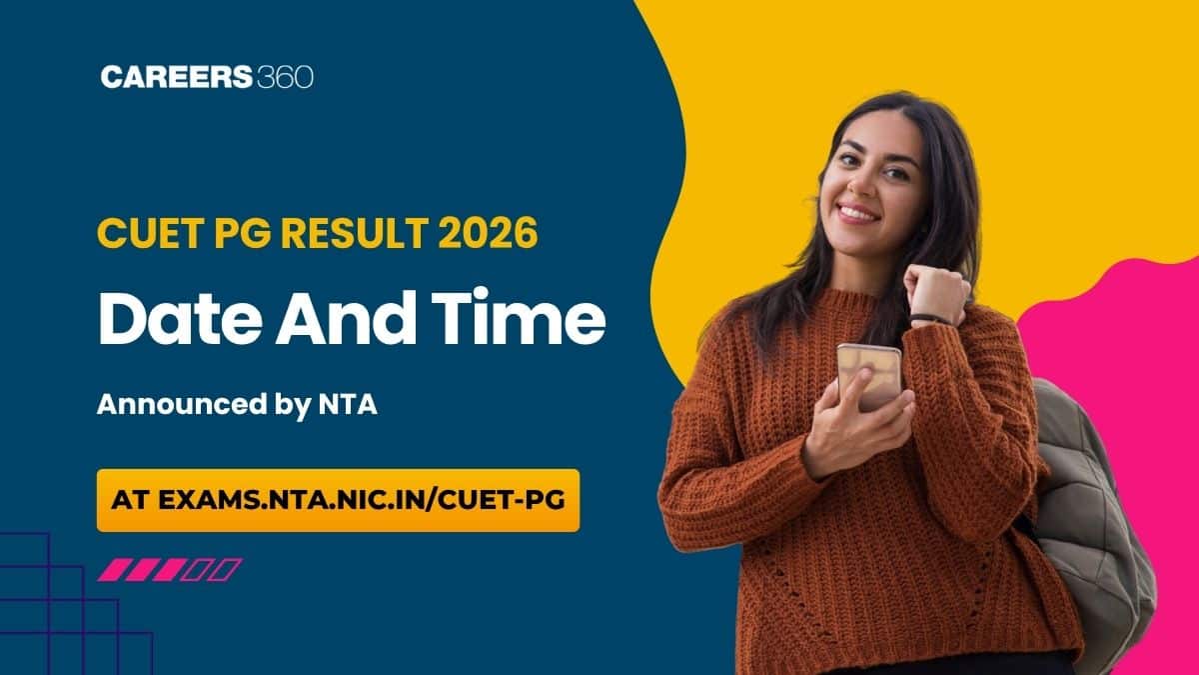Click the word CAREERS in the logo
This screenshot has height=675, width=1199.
click(x=176, y=77)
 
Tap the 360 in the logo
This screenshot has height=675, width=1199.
click(x=284, y=77)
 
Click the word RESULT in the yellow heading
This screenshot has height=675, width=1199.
click(x=355, y=233)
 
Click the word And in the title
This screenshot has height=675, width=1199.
click(x=347, y=318)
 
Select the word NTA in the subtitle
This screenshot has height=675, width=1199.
click(x=348, y=404)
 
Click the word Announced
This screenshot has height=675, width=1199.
click(x=182, y=404)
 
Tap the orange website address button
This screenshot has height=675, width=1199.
click(x=339, y=500)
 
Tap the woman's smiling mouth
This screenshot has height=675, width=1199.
click(x=857, y=213)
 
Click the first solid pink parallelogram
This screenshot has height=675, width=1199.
click(x=114, y=569)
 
